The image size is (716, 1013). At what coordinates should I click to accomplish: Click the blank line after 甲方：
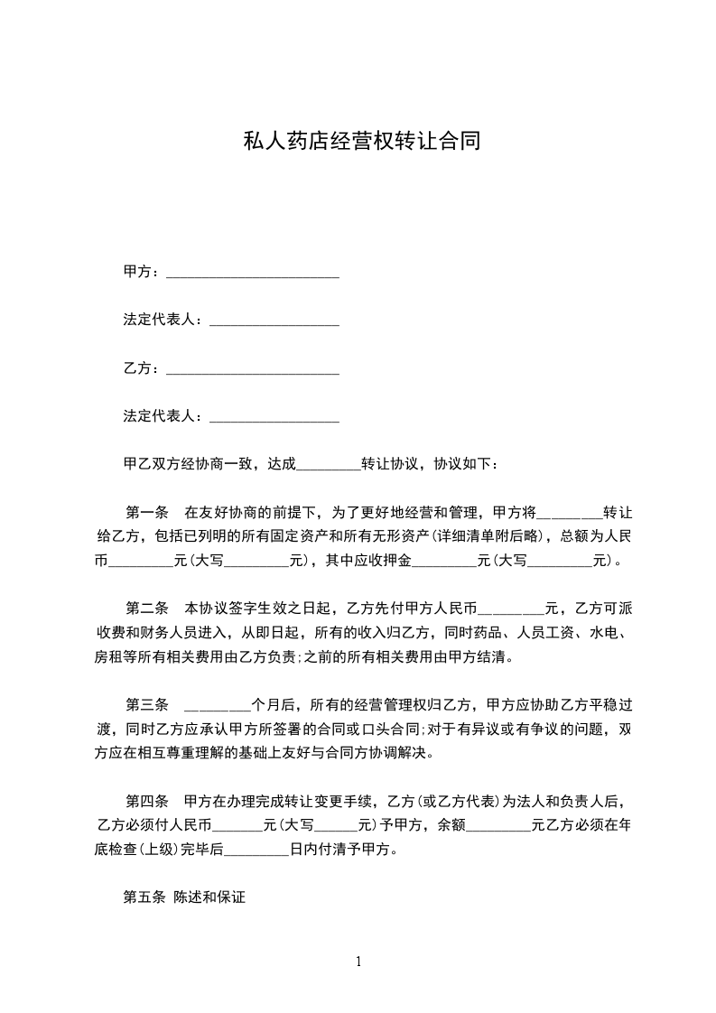(253, 274)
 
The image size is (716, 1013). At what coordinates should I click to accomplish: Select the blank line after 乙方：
(253, 369)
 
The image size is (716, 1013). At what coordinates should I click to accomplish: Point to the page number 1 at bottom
(358, 962)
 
